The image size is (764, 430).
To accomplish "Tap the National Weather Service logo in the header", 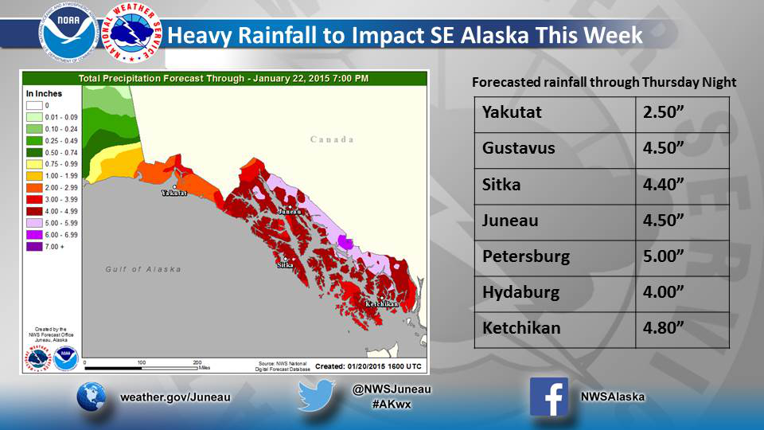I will tap(134, 33).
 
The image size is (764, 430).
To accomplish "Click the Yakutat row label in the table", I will tap(512, 112).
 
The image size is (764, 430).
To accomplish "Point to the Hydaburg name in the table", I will tap(520, 292).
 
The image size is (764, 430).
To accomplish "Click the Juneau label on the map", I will tap(290, 212).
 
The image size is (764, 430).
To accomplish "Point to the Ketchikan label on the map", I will tap(382, 304).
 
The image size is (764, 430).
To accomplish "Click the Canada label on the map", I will tap(332, 139).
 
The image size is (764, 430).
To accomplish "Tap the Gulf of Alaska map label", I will tap(143, 269).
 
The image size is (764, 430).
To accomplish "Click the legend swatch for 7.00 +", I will tap(33, 248).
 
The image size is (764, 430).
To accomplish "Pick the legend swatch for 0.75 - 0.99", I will tap(33, 164).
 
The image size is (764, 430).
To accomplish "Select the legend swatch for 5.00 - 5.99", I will tap(33, 224).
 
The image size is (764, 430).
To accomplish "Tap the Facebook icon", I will tap(549, 396).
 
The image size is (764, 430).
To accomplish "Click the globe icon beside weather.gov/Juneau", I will tap(92, 396).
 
